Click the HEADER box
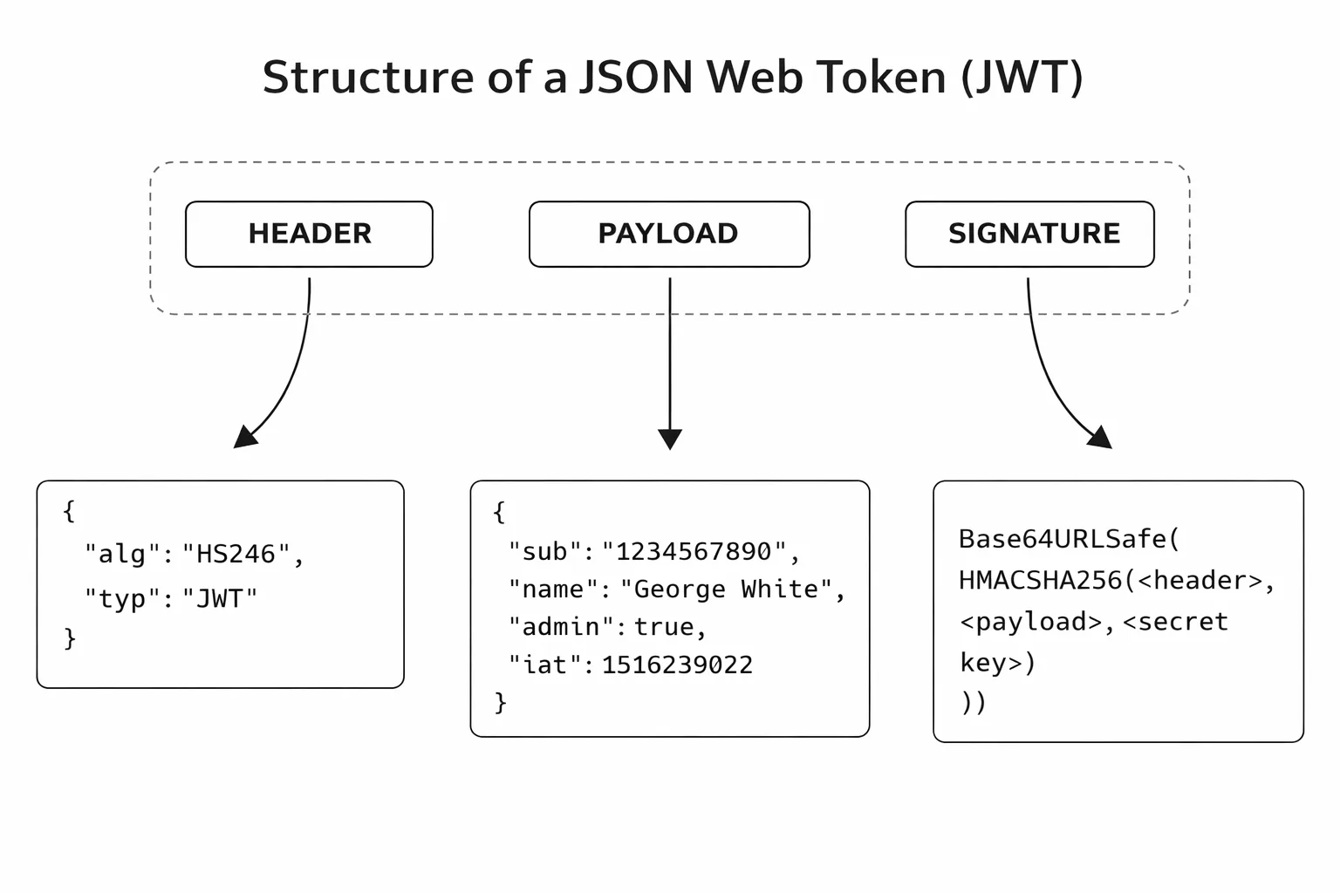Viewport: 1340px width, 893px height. click(309, 234)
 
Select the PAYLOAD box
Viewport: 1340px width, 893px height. click(668, 234)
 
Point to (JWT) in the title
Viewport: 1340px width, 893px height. click(1022, 77)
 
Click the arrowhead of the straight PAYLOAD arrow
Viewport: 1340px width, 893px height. click(670, 439)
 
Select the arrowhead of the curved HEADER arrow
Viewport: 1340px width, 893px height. click(244, 437)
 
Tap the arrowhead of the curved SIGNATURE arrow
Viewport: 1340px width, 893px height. click(1101, 438)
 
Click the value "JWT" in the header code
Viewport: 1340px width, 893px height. click(219, 599)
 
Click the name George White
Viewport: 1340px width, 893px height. click(726, 590)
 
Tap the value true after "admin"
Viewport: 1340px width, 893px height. click(664, 628)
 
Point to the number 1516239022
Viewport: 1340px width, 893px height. click(677, 665)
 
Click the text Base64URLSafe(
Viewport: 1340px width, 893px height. click(1069, 539)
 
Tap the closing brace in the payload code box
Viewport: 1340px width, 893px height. click(500, 702)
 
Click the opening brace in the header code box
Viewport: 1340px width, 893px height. click(69, 510)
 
